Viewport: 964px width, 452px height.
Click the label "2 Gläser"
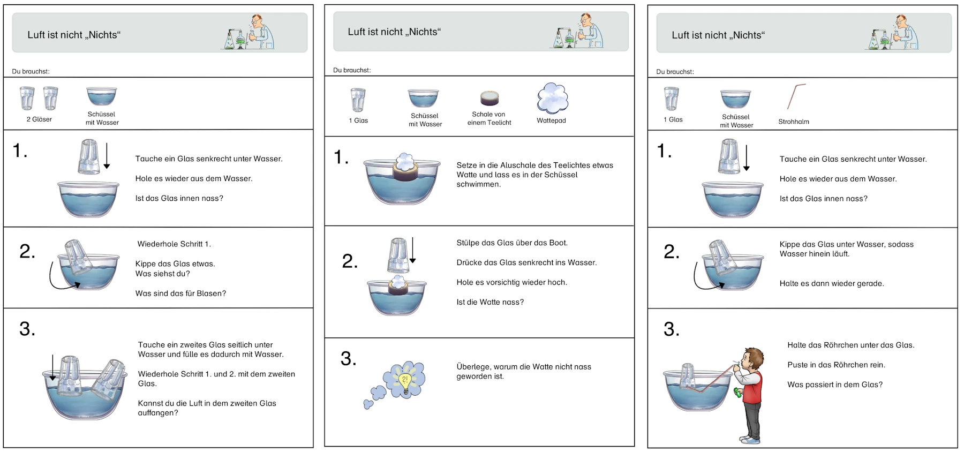pyautogui.click(x=39, y=119)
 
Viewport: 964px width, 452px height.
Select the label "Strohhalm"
pyautogui.click(x=793, y=122)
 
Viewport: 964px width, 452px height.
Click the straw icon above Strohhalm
pyautogui.click(x=796, y=96)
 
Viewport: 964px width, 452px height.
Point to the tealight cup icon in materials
pyautogui.click(x=489, y=98)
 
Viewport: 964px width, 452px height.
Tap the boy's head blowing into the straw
pyautogui.click(x=752, y=360)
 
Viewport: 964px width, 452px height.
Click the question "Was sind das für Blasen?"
pyautogui.click(x=180, y=293)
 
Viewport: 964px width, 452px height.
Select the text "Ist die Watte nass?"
pyautogui.click(x=490, y=302)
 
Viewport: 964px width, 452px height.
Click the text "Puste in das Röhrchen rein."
pyautogui.click(x=836, y=365)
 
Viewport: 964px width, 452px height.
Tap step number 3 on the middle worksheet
pyautogui.click(x=348, y=359)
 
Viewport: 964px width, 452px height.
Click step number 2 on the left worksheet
pyautogui.click(x=27, y=251)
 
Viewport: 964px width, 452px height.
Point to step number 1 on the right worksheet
pyautogui.click(x=664, y=151)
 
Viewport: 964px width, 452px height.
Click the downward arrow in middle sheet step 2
pyautogui.click(x=412, y=250)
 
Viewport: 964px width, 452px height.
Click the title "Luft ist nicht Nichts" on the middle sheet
pyautogui.click(x=394, y=32)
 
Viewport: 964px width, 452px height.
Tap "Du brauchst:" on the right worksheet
pyautogui.click(x=675, y=72)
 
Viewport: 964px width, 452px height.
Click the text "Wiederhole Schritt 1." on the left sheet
pyautogui.click(x=174, y=244)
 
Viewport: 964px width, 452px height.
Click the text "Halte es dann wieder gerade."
pyautogui.click(x=832, y=284)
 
